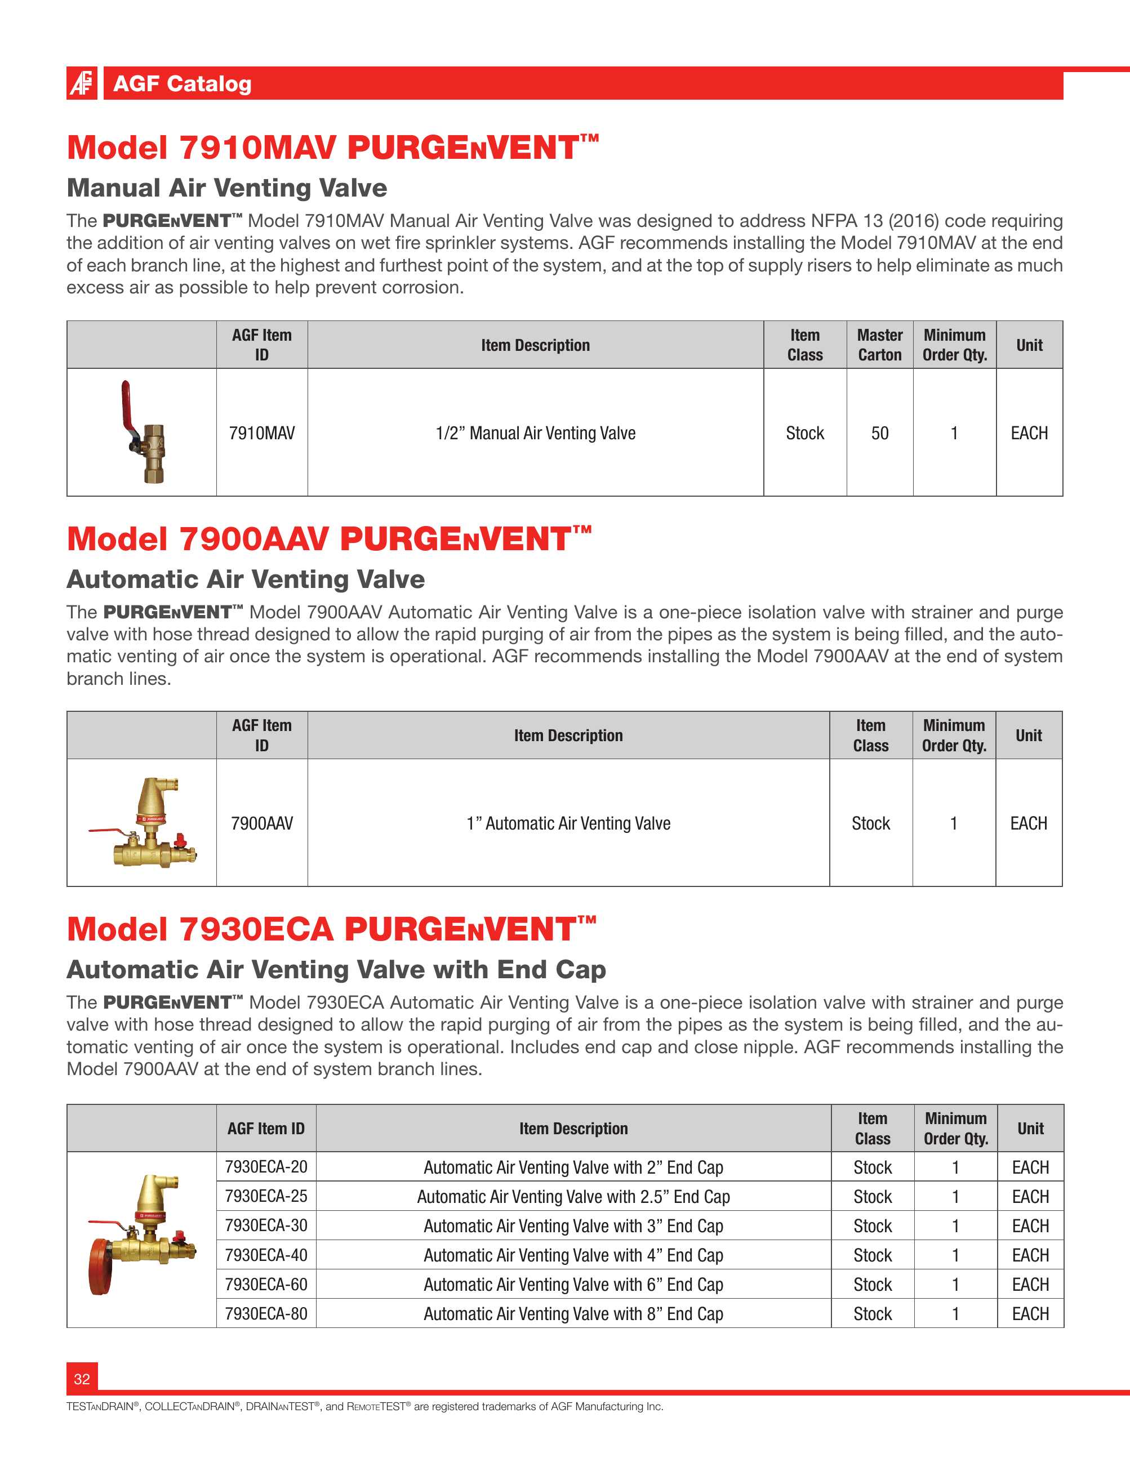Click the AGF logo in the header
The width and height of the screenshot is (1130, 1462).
(82, 83)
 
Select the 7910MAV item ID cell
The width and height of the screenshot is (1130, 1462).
(262, 433)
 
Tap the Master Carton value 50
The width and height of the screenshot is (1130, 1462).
(880, 433)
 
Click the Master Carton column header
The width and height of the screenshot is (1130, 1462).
(880, 345)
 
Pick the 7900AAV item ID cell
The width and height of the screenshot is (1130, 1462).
(262, 823)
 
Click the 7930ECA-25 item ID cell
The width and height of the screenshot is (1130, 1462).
(266, 1196)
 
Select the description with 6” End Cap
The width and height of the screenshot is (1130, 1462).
(573, 1285)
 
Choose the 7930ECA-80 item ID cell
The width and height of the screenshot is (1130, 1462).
(266, 1313)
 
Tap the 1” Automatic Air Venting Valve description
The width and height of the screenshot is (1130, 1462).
(568, 823)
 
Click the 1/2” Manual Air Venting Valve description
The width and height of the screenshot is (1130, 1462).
(535, 433)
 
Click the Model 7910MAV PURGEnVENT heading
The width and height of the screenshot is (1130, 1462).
(333, 148)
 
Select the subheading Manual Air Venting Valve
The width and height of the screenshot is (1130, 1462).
(227, 188)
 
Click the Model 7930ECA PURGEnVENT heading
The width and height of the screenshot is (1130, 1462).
(331, 929)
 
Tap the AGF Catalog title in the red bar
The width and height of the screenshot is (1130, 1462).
(182, 84)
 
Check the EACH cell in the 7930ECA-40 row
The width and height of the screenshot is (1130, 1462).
(1030, 1255)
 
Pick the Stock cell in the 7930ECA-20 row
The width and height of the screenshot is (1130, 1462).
(872, 1167)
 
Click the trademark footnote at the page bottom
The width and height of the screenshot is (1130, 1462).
(365, 1406)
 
